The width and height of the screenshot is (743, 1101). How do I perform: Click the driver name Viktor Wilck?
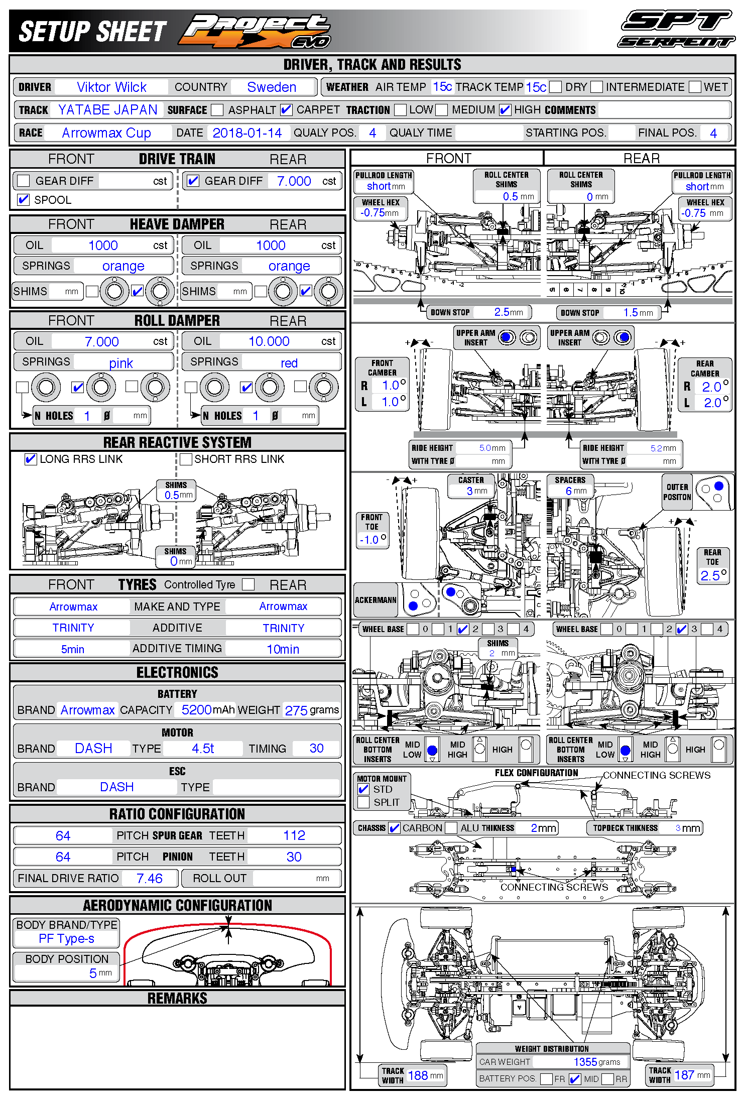[x=111, y=87]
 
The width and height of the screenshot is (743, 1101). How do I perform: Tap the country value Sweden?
[x=272, y=87]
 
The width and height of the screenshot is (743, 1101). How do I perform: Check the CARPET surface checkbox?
[x=286, y=110]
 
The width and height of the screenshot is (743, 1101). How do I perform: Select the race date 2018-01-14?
[x=247, y=133]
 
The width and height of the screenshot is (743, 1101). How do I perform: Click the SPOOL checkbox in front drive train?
[x=23, y=200]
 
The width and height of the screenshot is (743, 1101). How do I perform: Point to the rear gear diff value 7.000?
[x=294, y=181]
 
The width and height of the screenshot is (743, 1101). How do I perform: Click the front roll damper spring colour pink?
[x=121, y=363]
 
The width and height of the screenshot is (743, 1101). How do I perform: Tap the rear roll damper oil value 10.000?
[x=269, y=341]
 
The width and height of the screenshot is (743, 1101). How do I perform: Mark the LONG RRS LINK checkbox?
[x=31, y=459]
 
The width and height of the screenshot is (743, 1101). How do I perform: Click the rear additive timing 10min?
[x=283, y=649]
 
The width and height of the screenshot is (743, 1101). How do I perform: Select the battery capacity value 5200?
[x=196, y=710]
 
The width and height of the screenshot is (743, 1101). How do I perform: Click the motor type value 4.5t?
[x=203, y=749]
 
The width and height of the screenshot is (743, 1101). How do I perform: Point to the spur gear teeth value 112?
[x=294, y=835]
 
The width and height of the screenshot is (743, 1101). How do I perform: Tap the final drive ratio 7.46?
[x=150, y=878]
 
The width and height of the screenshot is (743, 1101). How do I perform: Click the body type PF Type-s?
[x=67, y=938]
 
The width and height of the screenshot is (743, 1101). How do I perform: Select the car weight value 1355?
[x=585, y=1062]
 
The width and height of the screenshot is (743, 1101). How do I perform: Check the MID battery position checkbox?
[x=575, y=1079]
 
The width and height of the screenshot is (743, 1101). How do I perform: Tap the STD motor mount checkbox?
[x=364, y=789]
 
